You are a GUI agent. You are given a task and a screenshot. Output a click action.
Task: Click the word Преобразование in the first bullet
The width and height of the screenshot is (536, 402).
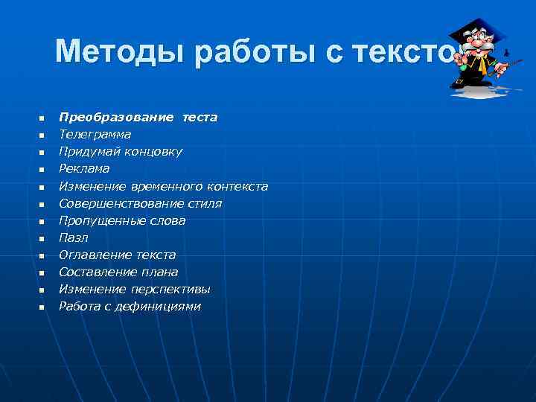click(117, 118)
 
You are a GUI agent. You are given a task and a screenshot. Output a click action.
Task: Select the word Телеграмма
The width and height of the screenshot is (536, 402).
click(95, 135)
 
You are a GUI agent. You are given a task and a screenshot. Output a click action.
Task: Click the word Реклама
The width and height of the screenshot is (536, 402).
click(84, 169)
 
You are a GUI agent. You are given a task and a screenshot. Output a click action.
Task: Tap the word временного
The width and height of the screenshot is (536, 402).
click(167, 186)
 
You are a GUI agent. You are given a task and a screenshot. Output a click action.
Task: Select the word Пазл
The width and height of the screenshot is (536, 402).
click(74, 237)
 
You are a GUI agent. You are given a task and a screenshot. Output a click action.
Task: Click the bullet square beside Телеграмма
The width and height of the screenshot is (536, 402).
click(42, 135)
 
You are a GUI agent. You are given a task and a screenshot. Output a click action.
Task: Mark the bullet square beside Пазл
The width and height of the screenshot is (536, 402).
click(42, 238)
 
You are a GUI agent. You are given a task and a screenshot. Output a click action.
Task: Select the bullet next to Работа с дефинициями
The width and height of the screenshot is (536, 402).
click(42, 307)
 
